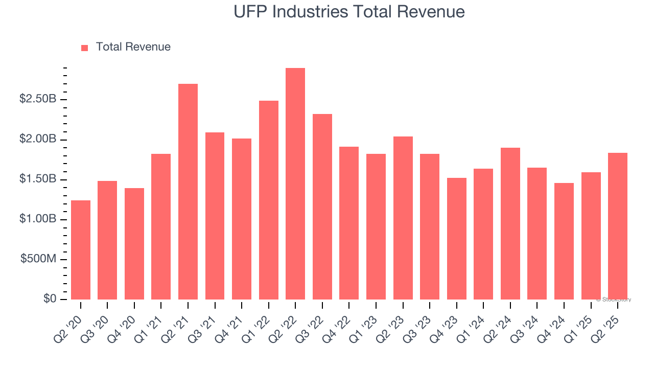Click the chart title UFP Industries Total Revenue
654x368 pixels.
point(349,12)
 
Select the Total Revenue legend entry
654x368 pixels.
point(133,47)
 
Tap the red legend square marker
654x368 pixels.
point(85,48)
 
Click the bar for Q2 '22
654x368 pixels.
point(295,184)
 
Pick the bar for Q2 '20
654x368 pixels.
point(81,250)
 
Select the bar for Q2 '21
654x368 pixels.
point(188,192)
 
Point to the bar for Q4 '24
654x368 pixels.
point(564,241)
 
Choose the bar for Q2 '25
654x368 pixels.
point(617,226)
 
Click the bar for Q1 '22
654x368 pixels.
point(269,200)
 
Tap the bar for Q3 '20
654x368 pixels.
point(107,240)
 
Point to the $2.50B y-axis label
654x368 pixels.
point(38,99)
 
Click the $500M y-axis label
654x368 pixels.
point(38,259)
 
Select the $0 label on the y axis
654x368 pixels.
point(50,299)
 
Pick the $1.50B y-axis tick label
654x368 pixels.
point(38,179)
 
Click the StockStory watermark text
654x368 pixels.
point(614,300)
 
